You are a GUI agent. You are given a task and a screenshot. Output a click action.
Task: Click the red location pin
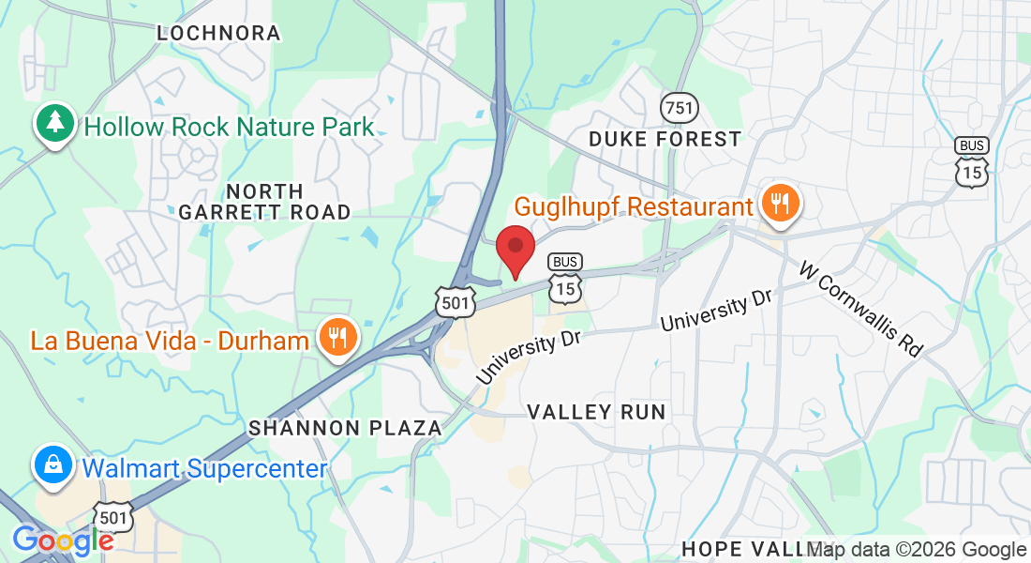[x=515, y=250]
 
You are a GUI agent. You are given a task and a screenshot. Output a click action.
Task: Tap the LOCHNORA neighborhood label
[x=219, y=33]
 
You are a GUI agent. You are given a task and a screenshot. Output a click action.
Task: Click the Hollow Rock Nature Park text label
[x=229, y=127]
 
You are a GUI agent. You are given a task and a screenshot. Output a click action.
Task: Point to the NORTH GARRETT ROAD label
[x=264, y=201]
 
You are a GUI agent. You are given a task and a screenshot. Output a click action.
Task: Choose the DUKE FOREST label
[x=665, y=139]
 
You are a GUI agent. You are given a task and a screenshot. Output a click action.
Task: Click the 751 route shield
[x=679, y=108]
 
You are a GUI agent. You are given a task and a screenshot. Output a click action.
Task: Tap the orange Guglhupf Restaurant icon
[x=779, y=202]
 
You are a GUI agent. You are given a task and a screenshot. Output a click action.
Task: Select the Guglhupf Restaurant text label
[x=635, y=206]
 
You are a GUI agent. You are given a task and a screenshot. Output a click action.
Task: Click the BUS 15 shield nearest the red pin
[x=565, y=279]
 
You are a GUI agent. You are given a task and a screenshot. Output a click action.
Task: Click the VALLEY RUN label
[x=596, y=412]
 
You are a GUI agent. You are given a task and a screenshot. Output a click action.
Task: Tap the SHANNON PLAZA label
[x=345, y=428]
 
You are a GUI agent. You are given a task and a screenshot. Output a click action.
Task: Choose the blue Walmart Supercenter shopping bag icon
[x=55, y=464]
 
